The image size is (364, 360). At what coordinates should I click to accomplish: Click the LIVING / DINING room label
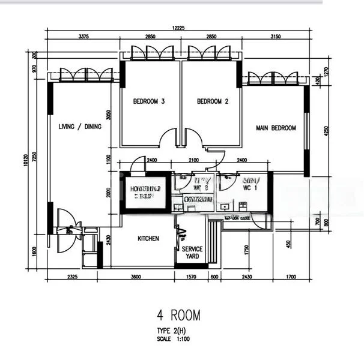80,127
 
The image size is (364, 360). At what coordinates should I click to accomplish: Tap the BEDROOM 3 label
149,101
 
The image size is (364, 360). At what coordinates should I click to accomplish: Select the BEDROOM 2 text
213,101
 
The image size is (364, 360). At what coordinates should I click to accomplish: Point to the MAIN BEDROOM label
276,128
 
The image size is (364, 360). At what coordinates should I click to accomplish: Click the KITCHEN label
148,239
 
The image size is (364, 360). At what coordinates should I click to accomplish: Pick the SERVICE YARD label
192,253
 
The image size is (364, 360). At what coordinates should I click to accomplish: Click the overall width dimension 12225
177,28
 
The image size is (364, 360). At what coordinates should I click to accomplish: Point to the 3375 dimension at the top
84,37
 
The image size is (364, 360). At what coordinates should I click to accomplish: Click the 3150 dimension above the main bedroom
275,37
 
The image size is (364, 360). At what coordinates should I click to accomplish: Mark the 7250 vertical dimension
35,158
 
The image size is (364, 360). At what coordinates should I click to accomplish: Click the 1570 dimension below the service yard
192,277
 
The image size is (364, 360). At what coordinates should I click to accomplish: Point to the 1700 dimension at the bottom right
291,277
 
